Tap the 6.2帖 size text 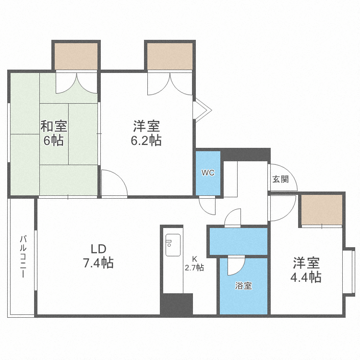click(147, 140)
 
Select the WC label click(207, 173)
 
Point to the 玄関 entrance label click(280, 180)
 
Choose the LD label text click(98, 249)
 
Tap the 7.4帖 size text click(98, 263)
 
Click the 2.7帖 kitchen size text click(194, 268)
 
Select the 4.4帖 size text click(306, 277)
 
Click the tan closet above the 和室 click(75, 57)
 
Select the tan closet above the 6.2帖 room click(169, 57)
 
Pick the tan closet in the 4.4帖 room click(321, 209)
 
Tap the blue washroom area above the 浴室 click(238, 241)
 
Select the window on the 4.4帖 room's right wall click(349, 271)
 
